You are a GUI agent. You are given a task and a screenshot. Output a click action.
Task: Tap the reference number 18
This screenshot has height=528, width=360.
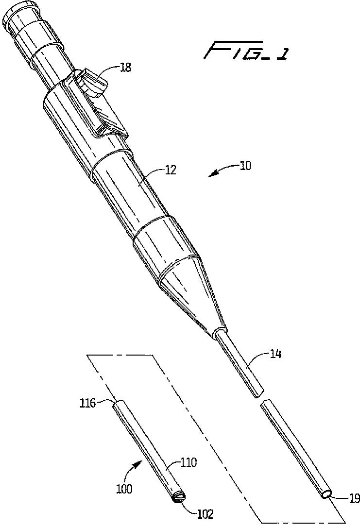(125, 68)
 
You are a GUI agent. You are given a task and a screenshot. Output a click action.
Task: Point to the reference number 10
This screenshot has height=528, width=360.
(245, 165)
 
